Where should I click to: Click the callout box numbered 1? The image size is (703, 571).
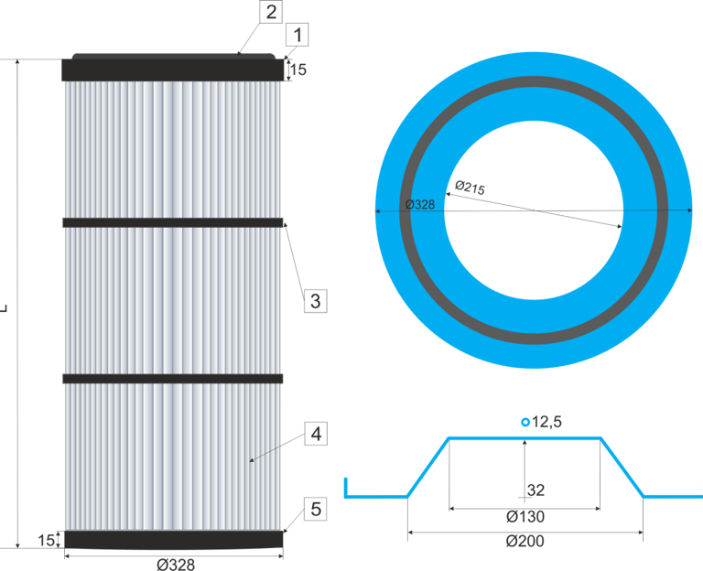click(297, 36)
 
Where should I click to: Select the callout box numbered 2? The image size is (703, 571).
click(270, 12)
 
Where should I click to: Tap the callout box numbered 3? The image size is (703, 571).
click(314, 300)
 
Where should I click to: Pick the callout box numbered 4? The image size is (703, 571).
click(315, 434)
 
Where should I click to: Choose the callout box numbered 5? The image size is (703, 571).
click(315, 509)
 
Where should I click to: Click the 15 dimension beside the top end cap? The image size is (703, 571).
click(297, 69)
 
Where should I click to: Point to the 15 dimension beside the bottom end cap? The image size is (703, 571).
click(47, 540)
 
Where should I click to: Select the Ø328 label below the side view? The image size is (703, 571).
click(175, 564)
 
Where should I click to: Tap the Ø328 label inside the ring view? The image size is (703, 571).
click(419, 204)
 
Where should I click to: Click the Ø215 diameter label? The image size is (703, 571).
click(469, 188)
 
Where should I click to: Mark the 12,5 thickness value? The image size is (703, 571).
click(546, 422)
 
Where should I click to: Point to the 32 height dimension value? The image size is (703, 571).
click(536, 490)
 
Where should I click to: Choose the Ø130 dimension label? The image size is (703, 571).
click(525, 517)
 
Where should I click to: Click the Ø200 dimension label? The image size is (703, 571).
click(525, 541)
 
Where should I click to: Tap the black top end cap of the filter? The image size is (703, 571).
click(172, 70)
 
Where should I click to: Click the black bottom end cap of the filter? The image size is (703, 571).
click(172, 540)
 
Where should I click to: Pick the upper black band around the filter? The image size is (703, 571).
click(172, 222)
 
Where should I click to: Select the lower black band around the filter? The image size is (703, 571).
click(172, 378)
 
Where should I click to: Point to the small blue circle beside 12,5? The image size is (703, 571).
click(525, 422)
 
